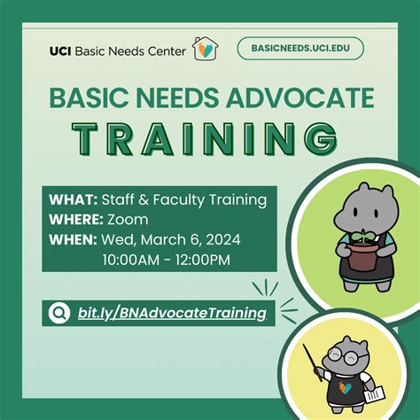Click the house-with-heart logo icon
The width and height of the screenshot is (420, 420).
click(x=203, y=49)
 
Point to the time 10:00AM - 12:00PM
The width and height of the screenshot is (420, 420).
click(x=166, y=259)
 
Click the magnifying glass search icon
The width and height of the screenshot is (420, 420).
click(x=60, y=312)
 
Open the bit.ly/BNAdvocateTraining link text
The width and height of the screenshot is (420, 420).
click(x=171, y=312)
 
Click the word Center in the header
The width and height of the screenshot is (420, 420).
click(x=165, y=51)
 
